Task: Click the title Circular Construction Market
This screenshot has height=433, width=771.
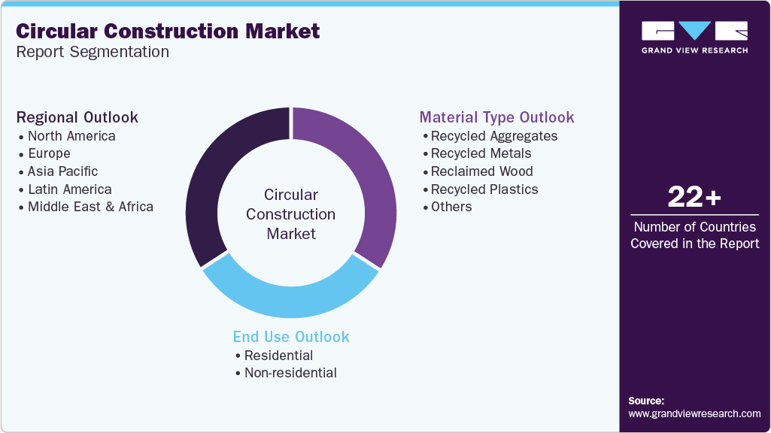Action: (168, 31)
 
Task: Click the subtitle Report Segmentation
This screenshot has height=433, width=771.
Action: (93, 52)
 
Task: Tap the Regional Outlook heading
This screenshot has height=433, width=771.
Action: (77, 117)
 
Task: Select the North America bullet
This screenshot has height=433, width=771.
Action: (71, 136)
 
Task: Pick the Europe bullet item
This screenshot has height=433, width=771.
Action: (49, 153)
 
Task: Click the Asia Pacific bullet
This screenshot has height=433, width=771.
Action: (62, 171)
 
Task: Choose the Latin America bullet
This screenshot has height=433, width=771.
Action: (69, 189)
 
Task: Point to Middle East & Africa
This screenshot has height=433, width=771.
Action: (90, 207)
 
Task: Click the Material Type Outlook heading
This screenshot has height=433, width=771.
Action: (496, 117)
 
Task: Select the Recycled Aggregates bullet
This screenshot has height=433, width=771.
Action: (493, 136)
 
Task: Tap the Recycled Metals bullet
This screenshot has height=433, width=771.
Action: (481, 153)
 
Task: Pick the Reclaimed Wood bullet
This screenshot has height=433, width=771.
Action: (481, 171)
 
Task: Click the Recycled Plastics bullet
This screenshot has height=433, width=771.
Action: (484, 189)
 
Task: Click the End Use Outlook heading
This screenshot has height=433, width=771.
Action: (291, 337)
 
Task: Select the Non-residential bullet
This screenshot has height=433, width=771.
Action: (290, 373)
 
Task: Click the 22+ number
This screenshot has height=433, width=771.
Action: (694, 198)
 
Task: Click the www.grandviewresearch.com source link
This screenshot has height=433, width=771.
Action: (694, 413)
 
